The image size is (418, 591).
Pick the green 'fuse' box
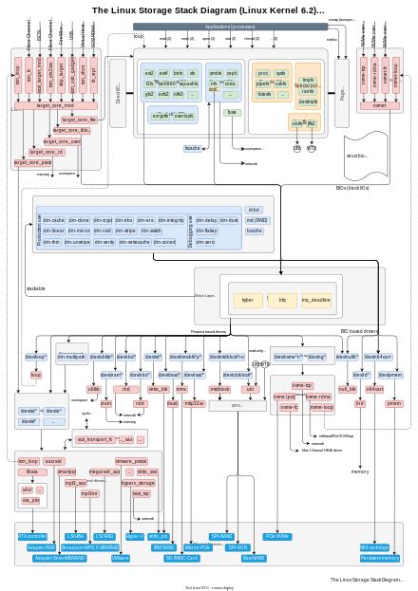pyautogui.click(x=231, y=112)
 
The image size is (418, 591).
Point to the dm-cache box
pyautogui.click(x=51, y=219)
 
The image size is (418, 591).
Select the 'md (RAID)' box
pyautogui.click(x=255, y=220)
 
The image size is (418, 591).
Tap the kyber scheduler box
pyautogui.click(x=248, y=300)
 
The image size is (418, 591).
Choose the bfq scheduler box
pyautogui.click(x=281, y=300)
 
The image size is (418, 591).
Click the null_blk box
pyautogui.click(x=348, y=389)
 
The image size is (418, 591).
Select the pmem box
pyautogui.click(x=392, y=403)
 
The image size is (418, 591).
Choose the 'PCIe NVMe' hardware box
pyautogui.click(x=277, y=537)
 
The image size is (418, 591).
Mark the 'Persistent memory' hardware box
pyautogui.click(x=380, y=559)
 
